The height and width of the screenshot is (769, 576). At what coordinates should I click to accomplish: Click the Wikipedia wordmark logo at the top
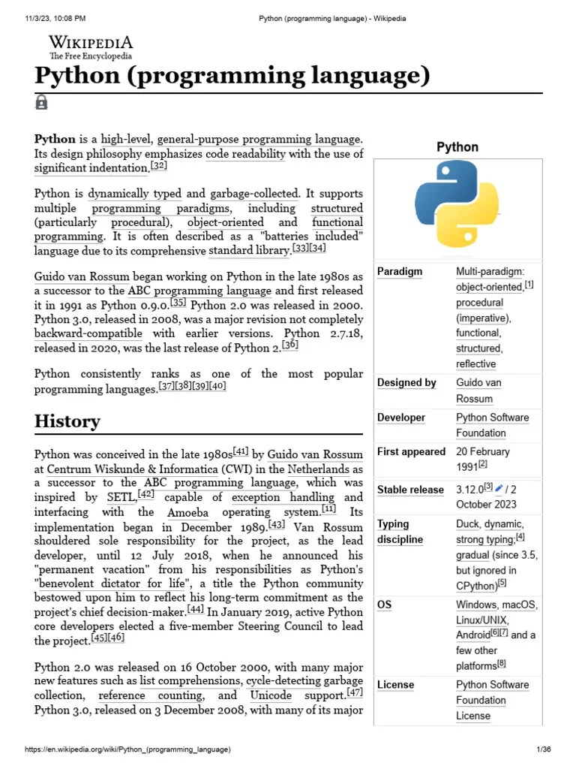91,46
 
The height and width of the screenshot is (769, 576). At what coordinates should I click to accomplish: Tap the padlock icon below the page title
41,102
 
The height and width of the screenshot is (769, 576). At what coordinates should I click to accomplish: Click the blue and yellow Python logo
457,204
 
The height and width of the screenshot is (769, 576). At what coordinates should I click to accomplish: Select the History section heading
67,421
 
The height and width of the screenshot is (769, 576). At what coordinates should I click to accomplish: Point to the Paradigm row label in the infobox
400,271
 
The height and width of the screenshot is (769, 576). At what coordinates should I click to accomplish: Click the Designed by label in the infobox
406,383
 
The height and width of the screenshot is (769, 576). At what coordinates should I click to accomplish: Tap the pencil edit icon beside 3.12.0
499,489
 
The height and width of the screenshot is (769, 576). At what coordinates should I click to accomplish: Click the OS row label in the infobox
385,605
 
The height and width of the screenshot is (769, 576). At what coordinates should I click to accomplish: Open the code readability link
246,154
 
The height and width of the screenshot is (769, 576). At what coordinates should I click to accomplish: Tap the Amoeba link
188,512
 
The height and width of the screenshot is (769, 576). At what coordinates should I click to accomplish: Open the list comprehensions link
190,681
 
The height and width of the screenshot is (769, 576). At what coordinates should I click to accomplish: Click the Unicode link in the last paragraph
271,695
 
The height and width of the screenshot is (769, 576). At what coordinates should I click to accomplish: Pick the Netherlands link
316,469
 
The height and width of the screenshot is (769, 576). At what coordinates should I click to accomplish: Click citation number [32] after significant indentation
157,166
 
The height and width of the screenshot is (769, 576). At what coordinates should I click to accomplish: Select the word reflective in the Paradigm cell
475,363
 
